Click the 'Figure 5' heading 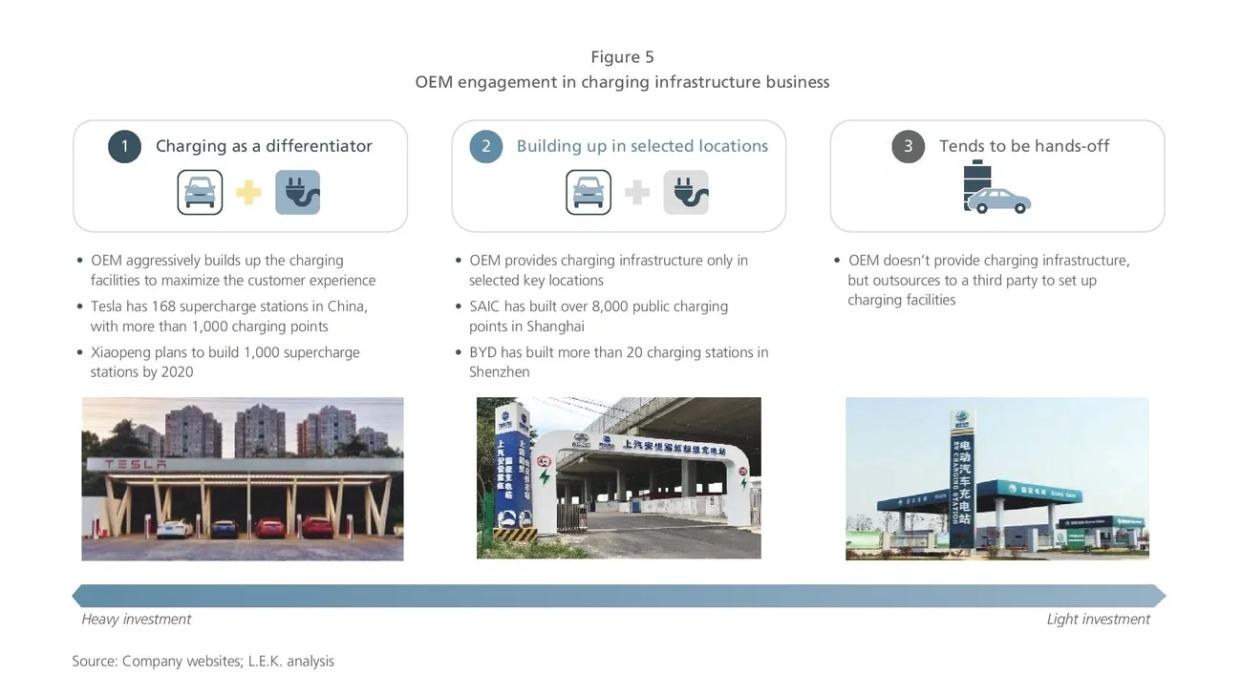(622, 57)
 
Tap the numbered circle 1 (124, 146)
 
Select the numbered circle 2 (486, 146)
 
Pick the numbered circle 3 (908, 146)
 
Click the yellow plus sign (248, 193)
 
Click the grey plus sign (637, 193)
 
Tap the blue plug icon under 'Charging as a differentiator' (297, 193)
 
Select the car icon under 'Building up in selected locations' (589, 193)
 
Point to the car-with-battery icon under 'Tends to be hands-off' (995, 188)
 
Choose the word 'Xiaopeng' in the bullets (121, 352)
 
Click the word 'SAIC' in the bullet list (485, 306)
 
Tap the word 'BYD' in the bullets (483, 352)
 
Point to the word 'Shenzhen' (499, 372)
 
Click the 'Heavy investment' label (136, 620)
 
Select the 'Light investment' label (1098, 620)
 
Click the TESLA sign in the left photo (135, 465)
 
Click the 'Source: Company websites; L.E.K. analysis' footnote (203, 661)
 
